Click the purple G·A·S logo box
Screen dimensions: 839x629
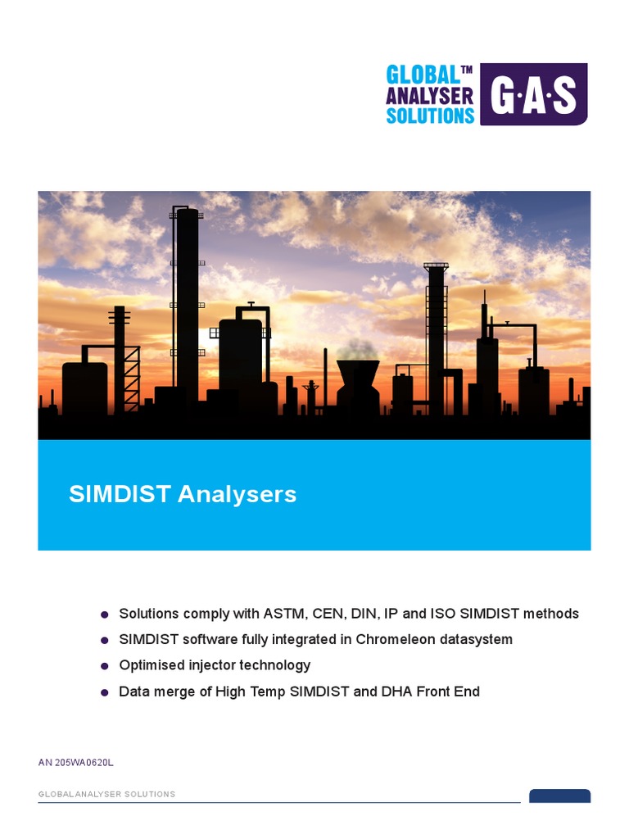click(533, 94)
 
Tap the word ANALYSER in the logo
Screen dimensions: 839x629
click(430, 95)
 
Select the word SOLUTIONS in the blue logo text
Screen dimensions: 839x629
click(430, 115)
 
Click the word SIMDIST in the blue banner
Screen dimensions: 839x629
click(120, 495)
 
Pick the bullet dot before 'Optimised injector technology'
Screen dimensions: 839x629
click(104, 666)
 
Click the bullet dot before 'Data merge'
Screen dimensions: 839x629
click(104, 692)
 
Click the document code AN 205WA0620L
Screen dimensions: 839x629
click(75, 763)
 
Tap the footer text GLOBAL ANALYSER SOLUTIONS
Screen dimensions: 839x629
click(106, 795)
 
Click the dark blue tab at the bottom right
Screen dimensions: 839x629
click(559, 796)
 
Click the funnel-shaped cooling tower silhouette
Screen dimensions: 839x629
click(358, 381)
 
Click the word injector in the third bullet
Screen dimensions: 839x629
click(215, 665)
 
